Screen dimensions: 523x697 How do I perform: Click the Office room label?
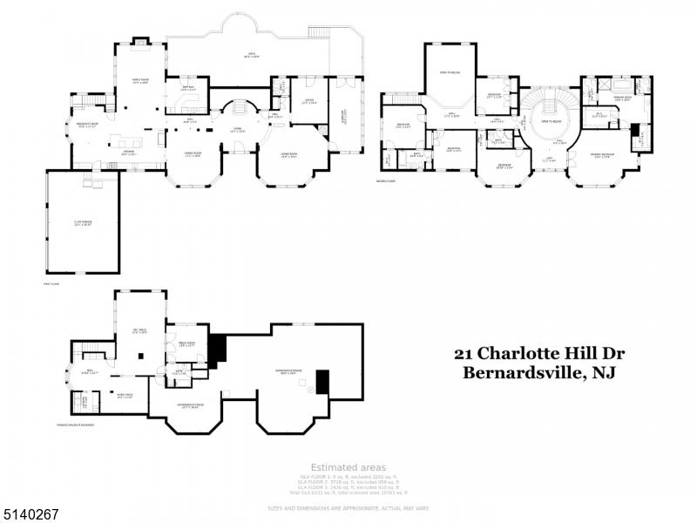[308, 101]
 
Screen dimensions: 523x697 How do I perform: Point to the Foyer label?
[236, 130]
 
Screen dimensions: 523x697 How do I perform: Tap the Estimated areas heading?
[348, 468]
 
